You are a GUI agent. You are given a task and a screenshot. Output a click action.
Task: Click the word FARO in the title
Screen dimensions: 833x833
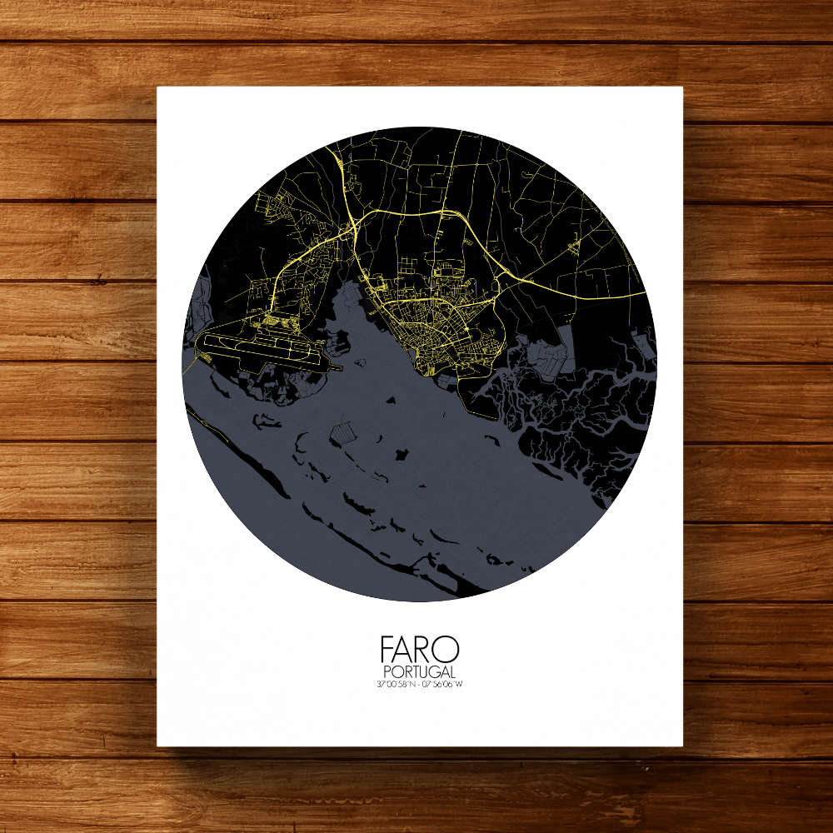point(419,650)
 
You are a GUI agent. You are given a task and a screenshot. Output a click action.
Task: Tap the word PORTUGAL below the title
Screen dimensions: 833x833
point(419,672)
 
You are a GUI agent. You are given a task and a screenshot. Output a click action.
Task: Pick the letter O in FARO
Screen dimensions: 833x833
point(448,650)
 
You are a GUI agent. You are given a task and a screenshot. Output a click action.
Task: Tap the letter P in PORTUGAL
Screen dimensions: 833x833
point(387,672)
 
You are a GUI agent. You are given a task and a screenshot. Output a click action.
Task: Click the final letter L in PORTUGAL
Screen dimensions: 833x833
point(452,672)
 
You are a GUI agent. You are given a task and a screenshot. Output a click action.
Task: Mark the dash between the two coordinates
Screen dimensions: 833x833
point(418,685)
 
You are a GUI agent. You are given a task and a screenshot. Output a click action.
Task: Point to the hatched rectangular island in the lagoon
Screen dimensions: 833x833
point(343,431)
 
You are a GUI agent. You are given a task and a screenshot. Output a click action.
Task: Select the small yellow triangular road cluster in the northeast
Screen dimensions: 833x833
point(573,245)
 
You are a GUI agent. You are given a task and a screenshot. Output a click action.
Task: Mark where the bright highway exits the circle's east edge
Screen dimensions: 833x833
point(646,294)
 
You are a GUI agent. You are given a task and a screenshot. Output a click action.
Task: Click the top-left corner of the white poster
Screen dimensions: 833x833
point(158,87)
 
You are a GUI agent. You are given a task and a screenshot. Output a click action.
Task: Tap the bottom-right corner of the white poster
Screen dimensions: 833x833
point(682,745)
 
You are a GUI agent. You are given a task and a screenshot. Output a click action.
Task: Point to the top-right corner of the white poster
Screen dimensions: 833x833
point(682,87)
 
